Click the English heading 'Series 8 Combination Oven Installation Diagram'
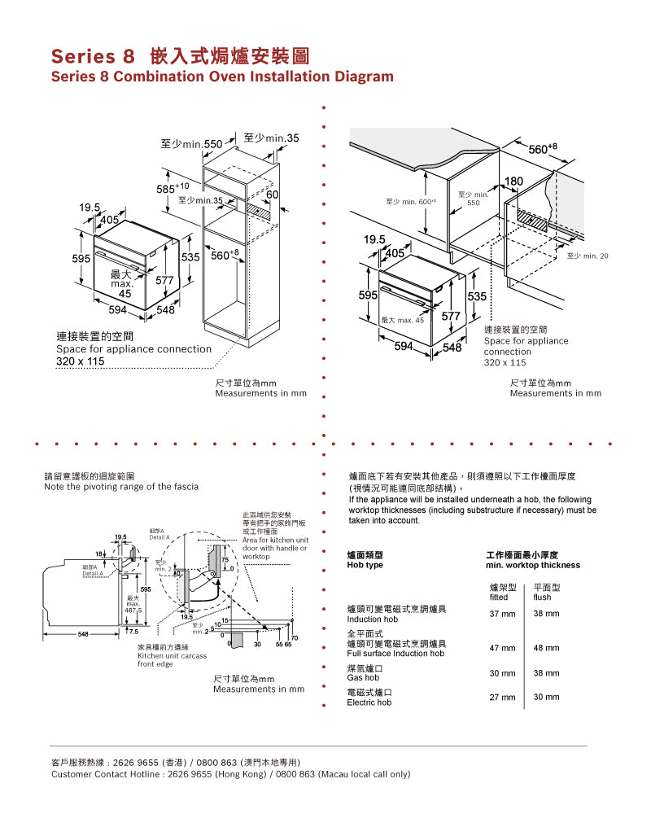point(222,77)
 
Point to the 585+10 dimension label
point(173,188)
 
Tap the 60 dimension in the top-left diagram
point(273,195)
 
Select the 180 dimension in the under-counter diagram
point(514,181)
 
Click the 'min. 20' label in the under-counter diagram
point(588,256)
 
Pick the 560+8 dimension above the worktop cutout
point(543,149)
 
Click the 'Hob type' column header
point(365,565)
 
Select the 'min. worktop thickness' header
point(533,565)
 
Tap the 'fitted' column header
point(499,597)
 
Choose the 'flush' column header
point(543,597)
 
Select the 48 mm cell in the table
point(546,648)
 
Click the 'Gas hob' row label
point(363,677)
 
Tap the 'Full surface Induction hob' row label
point(395,654)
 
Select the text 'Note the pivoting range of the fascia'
point(120,487)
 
